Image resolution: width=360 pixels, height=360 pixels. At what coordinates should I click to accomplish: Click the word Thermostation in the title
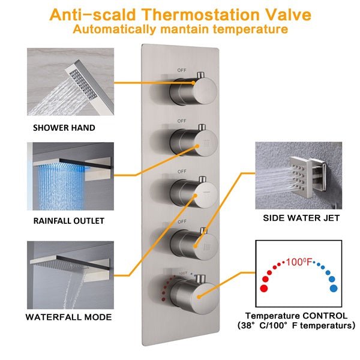coord(201,15)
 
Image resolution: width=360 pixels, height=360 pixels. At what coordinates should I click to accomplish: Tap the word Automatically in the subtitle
coord(114,29)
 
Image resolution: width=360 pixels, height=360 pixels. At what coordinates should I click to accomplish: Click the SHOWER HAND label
coord(64,128)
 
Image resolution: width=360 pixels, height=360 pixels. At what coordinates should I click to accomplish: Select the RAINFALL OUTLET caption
coord(69,221)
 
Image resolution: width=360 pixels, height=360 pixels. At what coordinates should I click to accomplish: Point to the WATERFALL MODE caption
coord(68,317)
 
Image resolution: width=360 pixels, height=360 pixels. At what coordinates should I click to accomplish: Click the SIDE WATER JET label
coord(301,218)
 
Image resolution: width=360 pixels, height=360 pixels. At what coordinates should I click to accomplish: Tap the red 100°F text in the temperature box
coord(299,262)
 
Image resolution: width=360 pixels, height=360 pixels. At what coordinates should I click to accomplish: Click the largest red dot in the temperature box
coord(264,288)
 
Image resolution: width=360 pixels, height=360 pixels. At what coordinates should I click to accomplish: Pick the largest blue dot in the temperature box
coord(334,288)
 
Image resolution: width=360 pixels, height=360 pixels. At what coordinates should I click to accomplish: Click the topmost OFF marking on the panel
coord(182,70)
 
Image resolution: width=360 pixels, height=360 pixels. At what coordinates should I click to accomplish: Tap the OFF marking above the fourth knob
coord(182,221)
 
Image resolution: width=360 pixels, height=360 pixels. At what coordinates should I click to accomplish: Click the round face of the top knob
coord(205,91)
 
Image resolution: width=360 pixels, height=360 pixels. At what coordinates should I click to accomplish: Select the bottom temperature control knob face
coord(205,298)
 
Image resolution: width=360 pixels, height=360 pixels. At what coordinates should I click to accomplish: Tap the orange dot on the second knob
coord(197,146)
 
